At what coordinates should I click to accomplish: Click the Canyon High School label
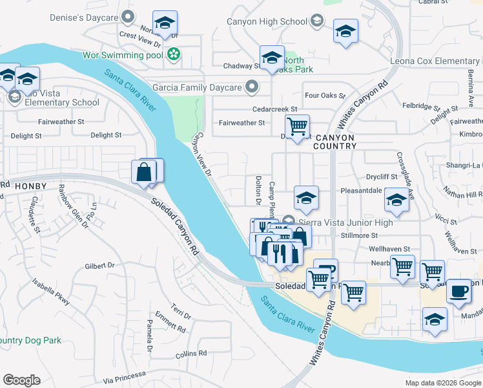267,22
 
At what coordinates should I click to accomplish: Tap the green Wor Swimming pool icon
173,55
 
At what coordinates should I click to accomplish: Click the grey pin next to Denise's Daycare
128,16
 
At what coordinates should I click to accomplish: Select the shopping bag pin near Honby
144,172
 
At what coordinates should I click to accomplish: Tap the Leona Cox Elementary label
435,61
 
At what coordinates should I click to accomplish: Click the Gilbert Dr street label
99,266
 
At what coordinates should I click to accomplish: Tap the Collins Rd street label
190,354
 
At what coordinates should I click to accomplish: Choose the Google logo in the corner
21,380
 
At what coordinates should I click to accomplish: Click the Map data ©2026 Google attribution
442,383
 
